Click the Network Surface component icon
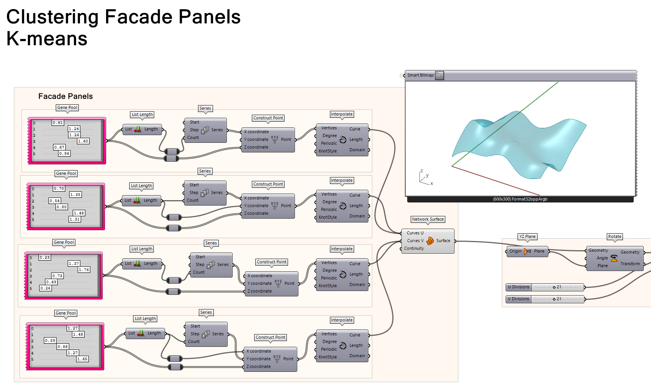430,241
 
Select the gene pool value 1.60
83,141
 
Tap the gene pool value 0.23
45,258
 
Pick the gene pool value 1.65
82,359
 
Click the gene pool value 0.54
55,201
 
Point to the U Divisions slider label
518,287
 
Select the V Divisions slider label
518,299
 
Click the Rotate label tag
614,237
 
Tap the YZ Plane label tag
527,237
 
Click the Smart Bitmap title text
420,75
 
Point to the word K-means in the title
47,39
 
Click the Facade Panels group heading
65,96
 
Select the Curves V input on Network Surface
415,241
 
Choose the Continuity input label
414,249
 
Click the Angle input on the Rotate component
602,258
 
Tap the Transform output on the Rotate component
630,264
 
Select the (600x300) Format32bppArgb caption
520,199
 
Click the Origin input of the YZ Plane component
515,251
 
